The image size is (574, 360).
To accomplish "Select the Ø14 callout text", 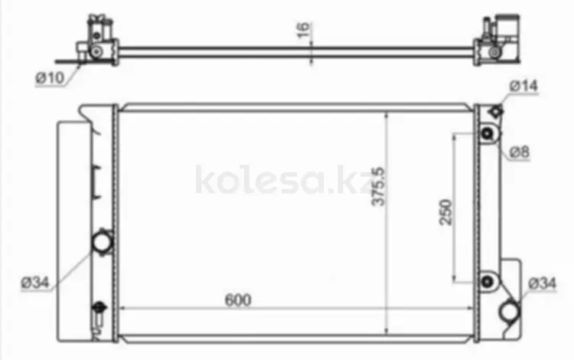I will tap(525, 87).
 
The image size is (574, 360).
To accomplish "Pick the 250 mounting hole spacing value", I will tap(446, 212).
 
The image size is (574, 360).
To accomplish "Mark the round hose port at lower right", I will tap(509, 312).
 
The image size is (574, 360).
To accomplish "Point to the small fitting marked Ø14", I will tap(494, 112).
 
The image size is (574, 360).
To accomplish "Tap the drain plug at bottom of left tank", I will tap(97, 310).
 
